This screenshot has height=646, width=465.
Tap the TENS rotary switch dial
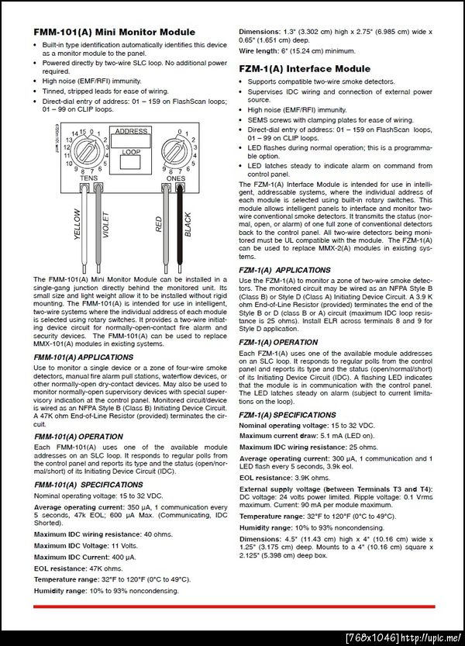(x=88, y=150)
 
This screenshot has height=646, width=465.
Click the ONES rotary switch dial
(x=177, y=149)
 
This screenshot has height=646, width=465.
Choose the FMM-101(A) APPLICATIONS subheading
(x=83, y=357)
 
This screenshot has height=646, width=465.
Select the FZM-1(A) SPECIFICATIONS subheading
(x=287, y=415)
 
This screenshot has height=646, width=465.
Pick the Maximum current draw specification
(x=297, y=437)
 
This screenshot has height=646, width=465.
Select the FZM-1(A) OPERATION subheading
(x=278, y=341)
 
